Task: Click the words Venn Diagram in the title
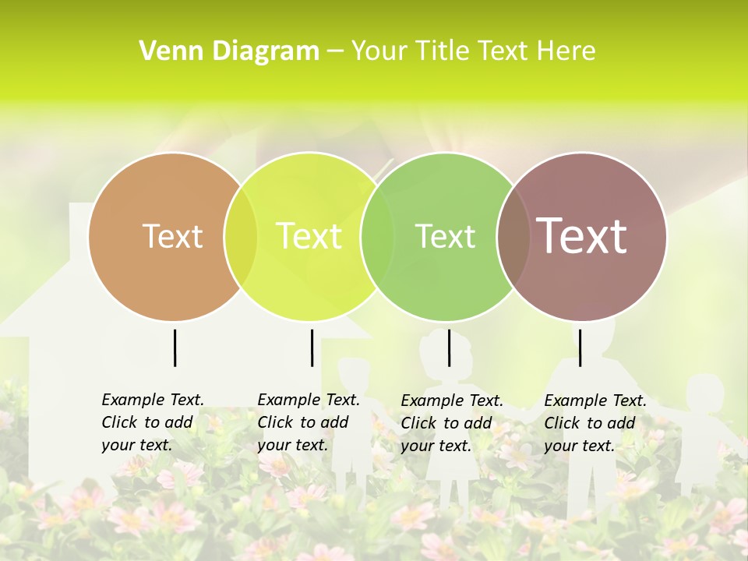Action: click(229, 51)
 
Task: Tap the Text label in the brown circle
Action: click(172, 236)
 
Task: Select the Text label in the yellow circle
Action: click(309, 236)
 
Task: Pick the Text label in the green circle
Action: click(445, 236)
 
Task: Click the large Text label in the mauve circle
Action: click(582, 236)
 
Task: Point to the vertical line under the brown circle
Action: click(175, 348)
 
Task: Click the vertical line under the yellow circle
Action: click(312, 348)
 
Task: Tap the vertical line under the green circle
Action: click(449, 348)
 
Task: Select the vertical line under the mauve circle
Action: click(580, 348)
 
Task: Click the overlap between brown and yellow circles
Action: click(241, 236)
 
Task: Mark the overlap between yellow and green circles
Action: click(377, 236)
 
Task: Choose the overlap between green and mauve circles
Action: click(513, 236)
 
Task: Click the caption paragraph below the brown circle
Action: click(152, 422)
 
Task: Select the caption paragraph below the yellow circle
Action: click(308, 422)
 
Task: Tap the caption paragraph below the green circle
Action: click(451, 423)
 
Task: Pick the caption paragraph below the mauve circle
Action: click(595, 423)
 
